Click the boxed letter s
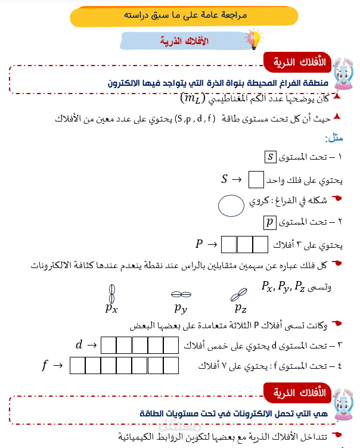270,157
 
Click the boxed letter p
270,223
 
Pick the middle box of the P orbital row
245,244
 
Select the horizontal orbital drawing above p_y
181,294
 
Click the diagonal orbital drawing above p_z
238,294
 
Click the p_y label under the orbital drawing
181,308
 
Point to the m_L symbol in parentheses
191,97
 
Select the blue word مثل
334,138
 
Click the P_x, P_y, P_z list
283,286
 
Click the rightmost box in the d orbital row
171,345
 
